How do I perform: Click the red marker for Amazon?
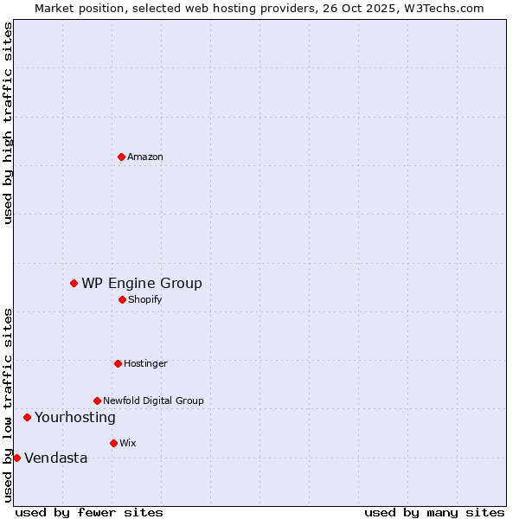point(121,157)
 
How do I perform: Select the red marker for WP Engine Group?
point(74,283)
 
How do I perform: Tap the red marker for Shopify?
point(122,299)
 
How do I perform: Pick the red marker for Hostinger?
point(118,363)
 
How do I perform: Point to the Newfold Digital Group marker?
point(97,400)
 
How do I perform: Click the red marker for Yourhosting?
point(27,417)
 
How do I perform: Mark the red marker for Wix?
point(113,443)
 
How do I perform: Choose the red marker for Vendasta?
point(16,458)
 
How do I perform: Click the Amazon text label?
point(145,157)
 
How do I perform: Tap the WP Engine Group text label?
point(142,283)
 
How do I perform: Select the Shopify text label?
point(144,300)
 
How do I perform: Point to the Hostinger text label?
point(145,364)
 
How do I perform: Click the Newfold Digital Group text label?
point(153,401)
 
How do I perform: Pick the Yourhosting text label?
point(75,418)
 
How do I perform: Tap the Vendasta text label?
point(56,458)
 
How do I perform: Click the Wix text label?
point(127,444)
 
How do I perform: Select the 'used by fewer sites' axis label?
point(89,512)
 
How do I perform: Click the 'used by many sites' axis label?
point(434,512)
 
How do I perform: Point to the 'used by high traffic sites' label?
point(8,123)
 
